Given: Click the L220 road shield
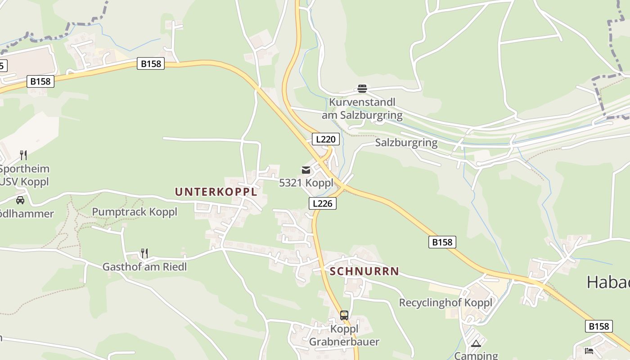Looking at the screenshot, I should coord(325,139).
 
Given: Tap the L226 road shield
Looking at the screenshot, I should coord(323,203).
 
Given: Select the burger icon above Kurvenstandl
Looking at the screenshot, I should coord(362,89).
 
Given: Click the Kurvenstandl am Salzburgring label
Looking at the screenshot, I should coord(362,108).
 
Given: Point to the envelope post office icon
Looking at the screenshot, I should coord(306,170).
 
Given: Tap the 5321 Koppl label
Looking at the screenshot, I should coord(306,183).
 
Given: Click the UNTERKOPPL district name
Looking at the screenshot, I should coord(216,192).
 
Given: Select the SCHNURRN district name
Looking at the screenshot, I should coord(364,271).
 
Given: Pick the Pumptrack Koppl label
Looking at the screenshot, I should coord(135,212).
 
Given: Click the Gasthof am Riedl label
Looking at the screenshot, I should coord(144,266).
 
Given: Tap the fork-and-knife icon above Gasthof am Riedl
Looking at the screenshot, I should coord(144,253).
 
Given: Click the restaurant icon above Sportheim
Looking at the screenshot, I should coord(23,155).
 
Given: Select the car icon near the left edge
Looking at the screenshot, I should coord(20,200).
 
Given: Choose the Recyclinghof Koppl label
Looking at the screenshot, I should coord(445,302).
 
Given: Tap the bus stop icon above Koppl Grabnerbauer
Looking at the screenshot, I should coord(344,315).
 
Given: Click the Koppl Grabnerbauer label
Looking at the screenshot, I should coord(344,335).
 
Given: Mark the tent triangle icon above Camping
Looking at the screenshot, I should coord(476,344).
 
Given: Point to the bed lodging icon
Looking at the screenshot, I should coord(589,351).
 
